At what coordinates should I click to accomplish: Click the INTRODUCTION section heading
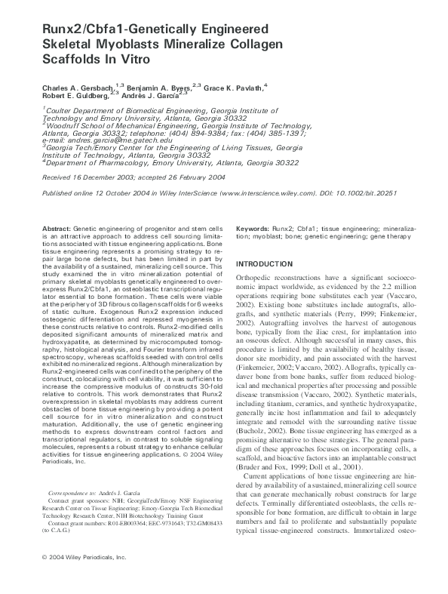[x=273, y=264]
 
